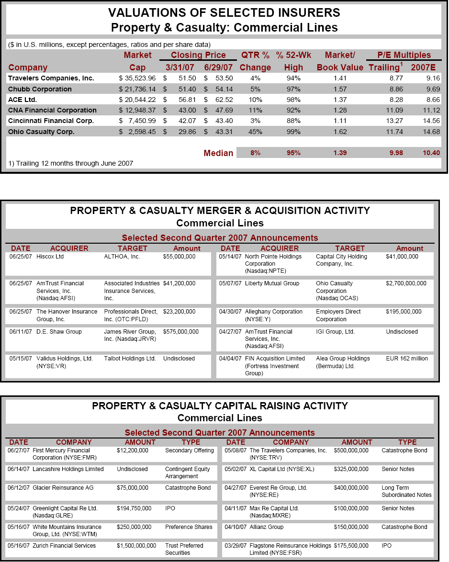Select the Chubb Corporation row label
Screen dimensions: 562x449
(x=40, y=89)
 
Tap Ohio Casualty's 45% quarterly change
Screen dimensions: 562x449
(x=255, y=132)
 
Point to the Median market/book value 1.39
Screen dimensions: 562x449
(x=340, y=153)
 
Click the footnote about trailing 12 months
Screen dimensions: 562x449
(x=71, y=163)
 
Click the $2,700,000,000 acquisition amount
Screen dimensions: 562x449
(x=406, y=283)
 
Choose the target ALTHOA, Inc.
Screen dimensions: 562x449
(x=122, y=257)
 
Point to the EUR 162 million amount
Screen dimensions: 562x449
(x=407, y=359)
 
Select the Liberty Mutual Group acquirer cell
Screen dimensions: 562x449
(x=272, y=283)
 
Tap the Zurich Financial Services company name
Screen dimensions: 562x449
(x=64, y=546)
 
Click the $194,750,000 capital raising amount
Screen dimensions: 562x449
(x=134, y=508)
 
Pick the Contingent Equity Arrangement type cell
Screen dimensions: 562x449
(x=188, y=472)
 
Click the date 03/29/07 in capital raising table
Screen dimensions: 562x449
(x=235, y=546)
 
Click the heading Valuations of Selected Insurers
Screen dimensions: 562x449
(x=224, y=12)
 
